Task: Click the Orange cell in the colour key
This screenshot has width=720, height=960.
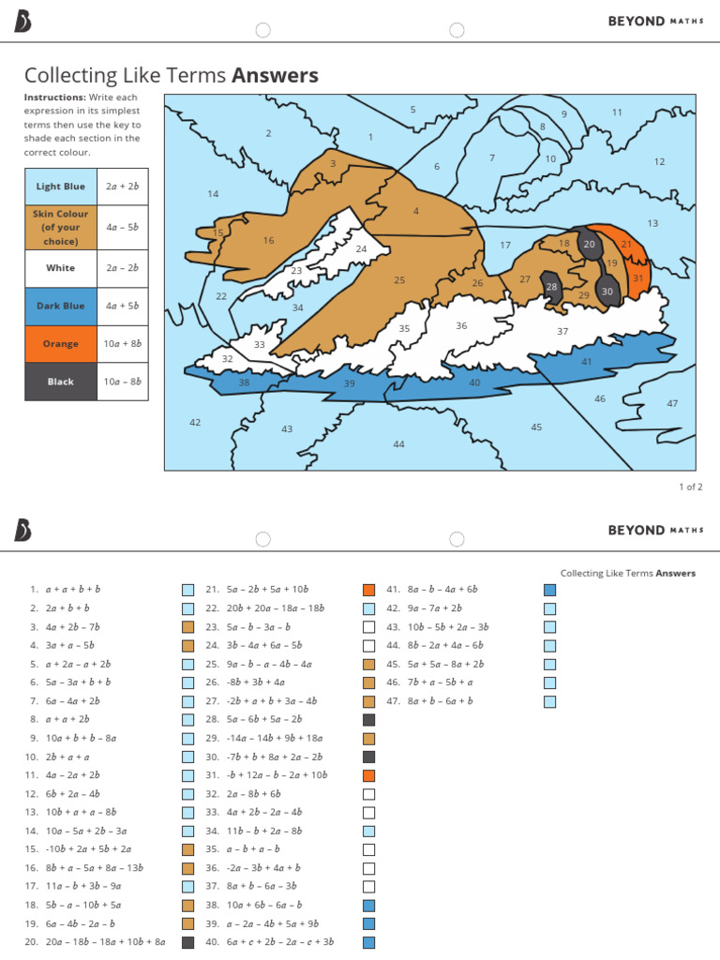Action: [61, 344]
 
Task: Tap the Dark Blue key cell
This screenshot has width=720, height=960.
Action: [61, 307]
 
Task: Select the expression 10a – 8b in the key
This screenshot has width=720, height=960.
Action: [123, 382]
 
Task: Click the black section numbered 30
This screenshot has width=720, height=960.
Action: [607, 292]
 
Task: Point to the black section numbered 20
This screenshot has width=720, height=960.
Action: [589, 244]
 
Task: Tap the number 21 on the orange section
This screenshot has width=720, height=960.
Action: [626, 244]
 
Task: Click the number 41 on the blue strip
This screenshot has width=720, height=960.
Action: [587, 361]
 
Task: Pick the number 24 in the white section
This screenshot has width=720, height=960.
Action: [361, 249]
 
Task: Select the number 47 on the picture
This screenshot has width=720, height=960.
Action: [672, 403]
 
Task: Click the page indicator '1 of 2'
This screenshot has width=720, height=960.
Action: [690, 487]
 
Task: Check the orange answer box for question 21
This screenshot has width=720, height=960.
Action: [369, 590]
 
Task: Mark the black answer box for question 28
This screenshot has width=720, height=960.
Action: [369, 720]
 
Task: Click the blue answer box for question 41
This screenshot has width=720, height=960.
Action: [550, 590]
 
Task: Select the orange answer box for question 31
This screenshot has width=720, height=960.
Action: [369, 775]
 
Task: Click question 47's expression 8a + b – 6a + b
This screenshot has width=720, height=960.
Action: [441, 701]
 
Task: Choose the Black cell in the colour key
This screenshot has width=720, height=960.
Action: [61, 382]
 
